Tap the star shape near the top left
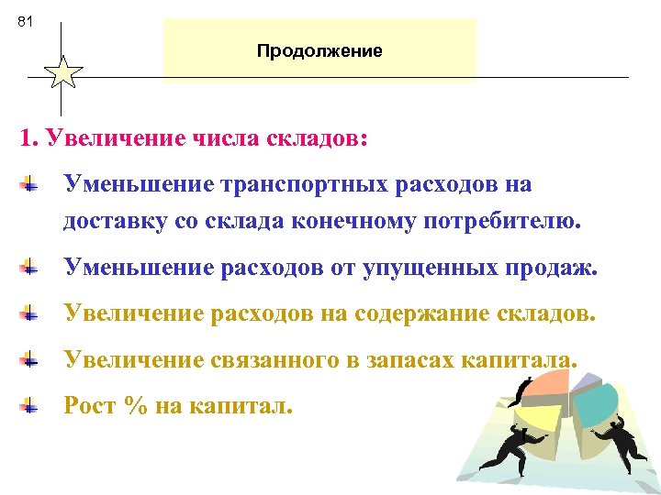62,72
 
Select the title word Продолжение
319,50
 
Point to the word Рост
89,405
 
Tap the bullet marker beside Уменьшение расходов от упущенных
31,268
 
